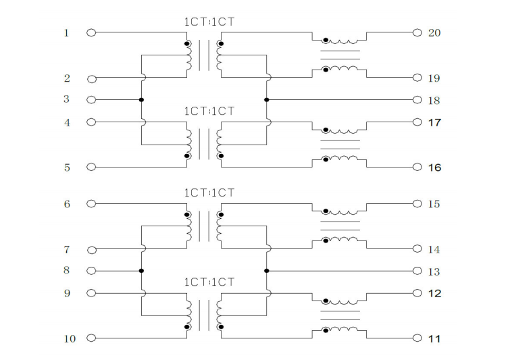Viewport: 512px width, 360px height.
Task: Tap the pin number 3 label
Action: click(x=67, y=99)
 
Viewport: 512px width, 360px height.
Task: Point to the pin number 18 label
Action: click(x=434, y=101)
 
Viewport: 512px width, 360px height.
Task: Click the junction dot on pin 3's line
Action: click(x=141, y=99)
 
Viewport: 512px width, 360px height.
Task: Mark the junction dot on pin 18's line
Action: click(x=266, y=99)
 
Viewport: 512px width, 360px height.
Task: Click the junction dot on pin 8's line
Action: click(x=141, y=271)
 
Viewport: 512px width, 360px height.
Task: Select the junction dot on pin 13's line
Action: click(x=266, y=271)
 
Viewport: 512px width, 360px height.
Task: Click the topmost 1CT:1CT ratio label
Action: click(x=209, y=22)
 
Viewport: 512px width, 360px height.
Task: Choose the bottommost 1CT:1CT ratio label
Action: click(x=209, y=282)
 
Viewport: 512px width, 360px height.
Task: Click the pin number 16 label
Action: click(x=434, y=168)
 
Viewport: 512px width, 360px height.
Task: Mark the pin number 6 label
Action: click(x=67, y=205)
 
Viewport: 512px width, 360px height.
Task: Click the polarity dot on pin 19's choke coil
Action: click(x=326, y=70)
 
